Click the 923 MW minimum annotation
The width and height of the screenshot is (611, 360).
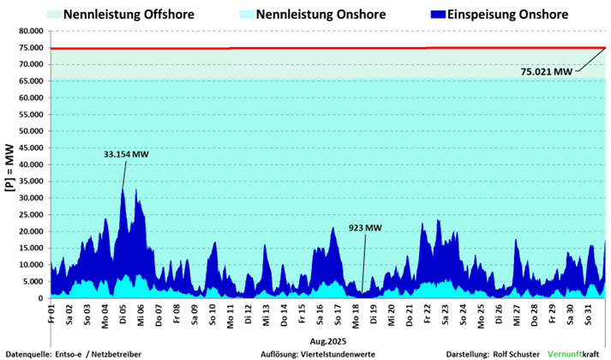(x=365, y=229)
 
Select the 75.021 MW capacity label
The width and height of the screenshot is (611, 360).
(x=546, y=72)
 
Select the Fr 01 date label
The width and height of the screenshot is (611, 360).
(x=51, y=310)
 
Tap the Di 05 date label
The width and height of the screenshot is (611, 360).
(x=123, y=310)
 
